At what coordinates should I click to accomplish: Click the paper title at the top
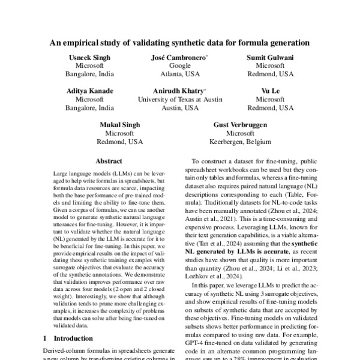tap(180, 43)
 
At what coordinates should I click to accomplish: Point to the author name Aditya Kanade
tap(89, 91)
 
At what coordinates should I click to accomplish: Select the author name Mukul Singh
tap(119, 124)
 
